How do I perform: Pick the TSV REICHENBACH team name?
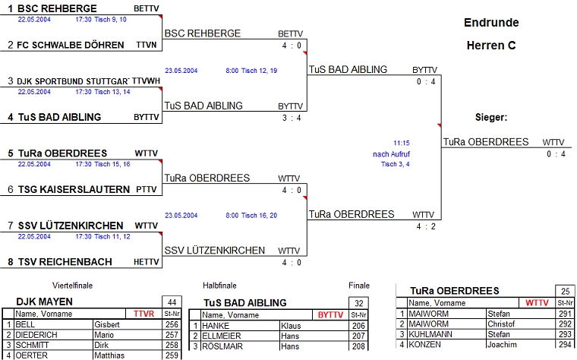tap(65, 262)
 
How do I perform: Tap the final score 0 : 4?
tap(555, 154)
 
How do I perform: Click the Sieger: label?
tap(490, 118)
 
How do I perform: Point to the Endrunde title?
tap(491, 23)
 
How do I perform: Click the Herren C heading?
tap(491, 46)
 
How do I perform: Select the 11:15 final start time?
tap(401, 143)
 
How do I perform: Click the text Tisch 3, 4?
tap(395, 164)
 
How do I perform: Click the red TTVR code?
tap(143, 314)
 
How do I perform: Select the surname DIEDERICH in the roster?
tap(36, 334)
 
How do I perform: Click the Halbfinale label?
tap(219, 286)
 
